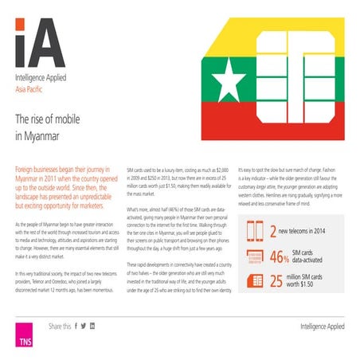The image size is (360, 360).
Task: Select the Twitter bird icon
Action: tap(84, 327)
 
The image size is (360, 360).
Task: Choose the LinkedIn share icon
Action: tap(92, 327)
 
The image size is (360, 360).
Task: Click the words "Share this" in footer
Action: tap(59, 327)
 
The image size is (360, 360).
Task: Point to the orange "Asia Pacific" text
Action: tap(30, 91)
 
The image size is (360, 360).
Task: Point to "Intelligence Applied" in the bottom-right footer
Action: tap(327, 327)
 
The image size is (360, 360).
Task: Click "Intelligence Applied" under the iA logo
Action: tap(39, 80)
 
